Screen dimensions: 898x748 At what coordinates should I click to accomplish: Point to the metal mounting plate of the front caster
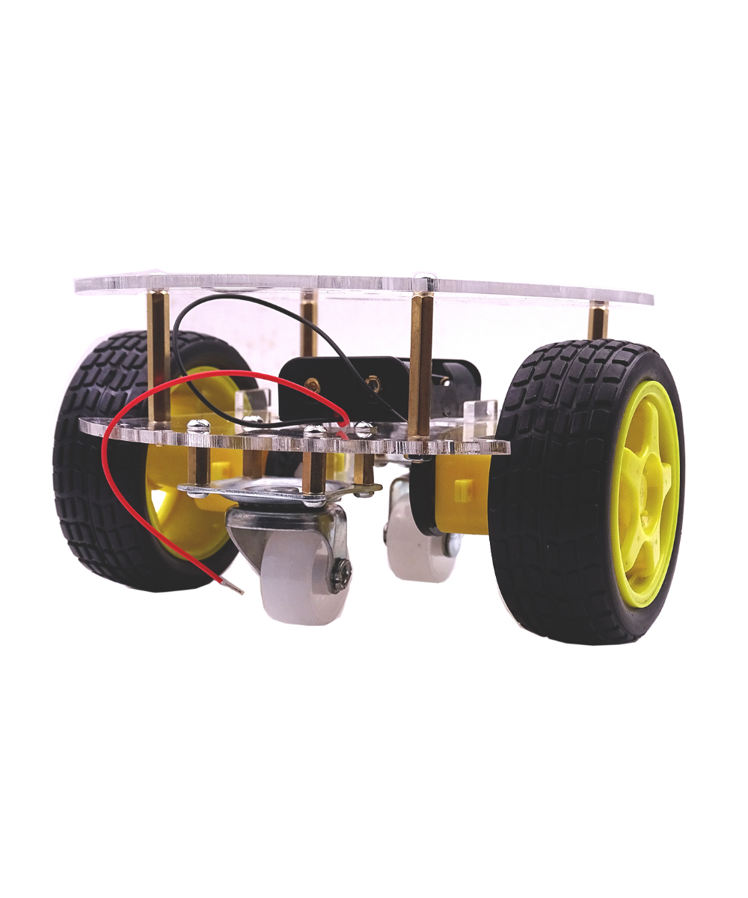[277, 490]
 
